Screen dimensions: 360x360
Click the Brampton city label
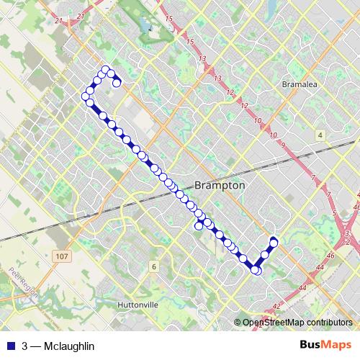tap(220, 185)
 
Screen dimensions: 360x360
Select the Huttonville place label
tap(137, 305)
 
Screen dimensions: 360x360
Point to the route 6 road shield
tap(153, 267)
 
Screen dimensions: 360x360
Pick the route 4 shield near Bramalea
tap(319, 135)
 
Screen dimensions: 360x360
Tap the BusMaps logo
tap(325, 345)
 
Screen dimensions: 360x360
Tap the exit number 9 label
tap(284, 145)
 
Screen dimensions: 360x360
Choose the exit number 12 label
tap(230, 92)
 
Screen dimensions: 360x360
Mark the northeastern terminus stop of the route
tap(274, 240)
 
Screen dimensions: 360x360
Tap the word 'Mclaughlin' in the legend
tap(68, 346)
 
